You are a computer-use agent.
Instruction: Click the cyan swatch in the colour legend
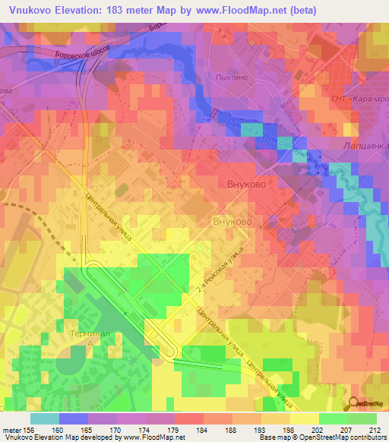click(44, 418)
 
